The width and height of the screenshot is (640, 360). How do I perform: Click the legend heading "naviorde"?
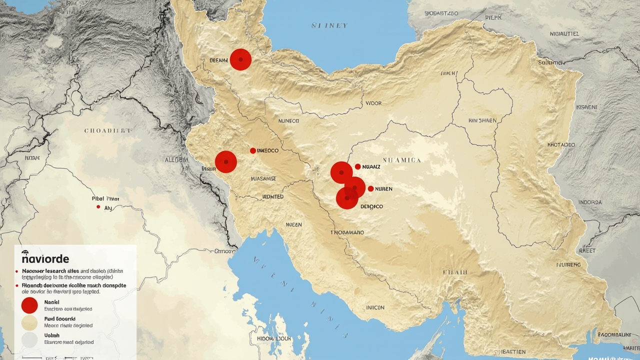[45, 259]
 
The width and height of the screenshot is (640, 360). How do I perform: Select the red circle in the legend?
[29, 305]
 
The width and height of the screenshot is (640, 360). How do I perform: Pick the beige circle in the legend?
[29, 322]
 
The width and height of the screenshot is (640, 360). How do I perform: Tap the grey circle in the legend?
[29, 340]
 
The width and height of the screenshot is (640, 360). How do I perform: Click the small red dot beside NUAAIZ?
[357, 166]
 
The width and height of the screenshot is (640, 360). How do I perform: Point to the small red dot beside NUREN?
[370, 188]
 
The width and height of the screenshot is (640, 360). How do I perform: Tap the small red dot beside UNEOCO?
[252, 150]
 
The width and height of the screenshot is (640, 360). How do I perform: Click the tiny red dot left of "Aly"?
[98, 206]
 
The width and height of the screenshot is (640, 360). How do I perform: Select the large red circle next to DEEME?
[240, 59]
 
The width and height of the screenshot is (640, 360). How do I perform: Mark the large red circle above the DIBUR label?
[226, 161]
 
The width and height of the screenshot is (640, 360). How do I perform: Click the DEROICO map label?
[371, 206]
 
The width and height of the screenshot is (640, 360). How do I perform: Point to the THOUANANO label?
[347, 232]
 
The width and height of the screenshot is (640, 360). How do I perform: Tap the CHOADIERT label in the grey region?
[108, 130]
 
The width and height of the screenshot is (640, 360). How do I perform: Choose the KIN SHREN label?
[482, 120]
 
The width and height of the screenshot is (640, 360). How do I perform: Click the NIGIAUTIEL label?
[564, 34]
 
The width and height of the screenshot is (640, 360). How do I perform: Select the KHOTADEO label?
[561, 145]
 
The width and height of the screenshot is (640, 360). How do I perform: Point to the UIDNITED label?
[273, 197]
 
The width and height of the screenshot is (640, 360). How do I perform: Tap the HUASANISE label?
[263, 178]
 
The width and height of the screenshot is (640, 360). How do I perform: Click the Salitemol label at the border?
[550, 62]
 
